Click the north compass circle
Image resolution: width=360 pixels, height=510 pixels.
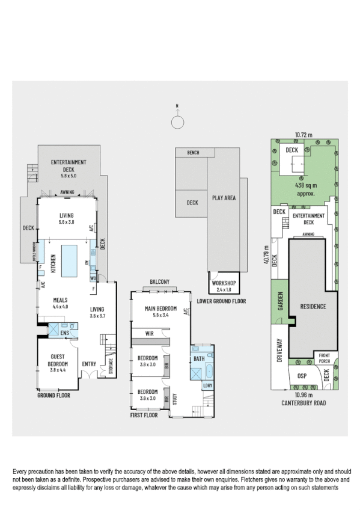coord(177,123)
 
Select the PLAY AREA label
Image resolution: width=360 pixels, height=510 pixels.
coord(224,197)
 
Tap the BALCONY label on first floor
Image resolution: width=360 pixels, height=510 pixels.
coord(160,281)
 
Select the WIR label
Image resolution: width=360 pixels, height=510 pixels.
coord(151,333)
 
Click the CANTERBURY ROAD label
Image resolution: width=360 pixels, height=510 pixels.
coord(304,404)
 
